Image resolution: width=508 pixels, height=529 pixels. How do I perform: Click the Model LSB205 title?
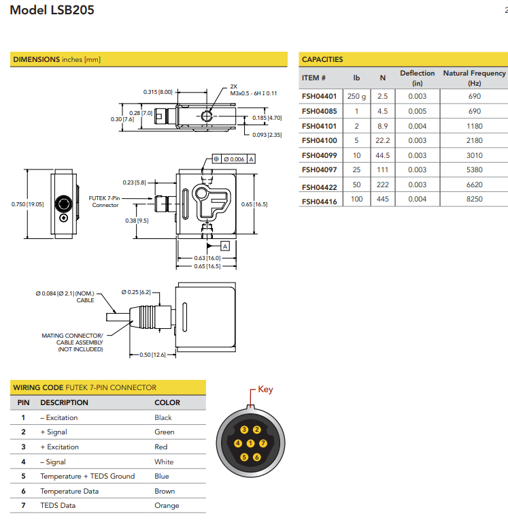coord(52,10)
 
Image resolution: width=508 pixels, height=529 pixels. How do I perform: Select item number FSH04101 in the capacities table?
coord(319,126)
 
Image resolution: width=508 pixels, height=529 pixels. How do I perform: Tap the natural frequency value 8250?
coord(474,199)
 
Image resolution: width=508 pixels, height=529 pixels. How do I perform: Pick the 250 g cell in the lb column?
coord(356,96)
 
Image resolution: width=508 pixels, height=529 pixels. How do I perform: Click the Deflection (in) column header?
coord(417,78)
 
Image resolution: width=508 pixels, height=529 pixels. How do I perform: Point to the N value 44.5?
coord(383,155)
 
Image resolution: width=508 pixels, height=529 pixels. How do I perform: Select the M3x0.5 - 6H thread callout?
coord(253,93)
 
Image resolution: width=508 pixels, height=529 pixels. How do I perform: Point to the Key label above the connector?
coord(265,389)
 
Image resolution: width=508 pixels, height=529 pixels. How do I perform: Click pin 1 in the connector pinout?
coord(250,444)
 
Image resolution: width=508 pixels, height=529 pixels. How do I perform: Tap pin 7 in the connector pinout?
coord(263,443)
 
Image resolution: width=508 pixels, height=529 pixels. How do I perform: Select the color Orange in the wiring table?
coord(167,505)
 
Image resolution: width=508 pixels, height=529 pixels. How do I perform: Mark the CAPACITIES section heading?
coord(322,59)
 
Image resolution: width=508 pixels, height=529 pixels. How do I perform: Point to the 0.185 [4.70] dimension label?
coord(267,118)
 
